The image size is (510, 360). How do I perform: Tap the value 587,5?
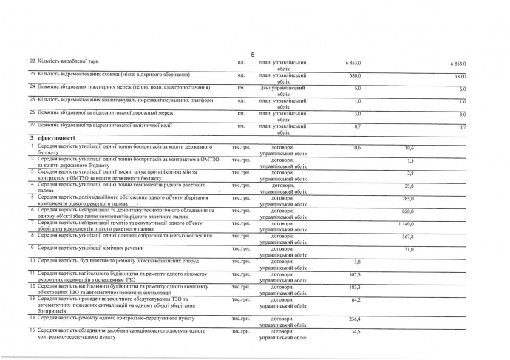pyautogui.click(x=354, y=274)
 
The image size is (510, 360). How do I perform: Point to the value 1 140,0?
pyautogui.click(x=404, y=223)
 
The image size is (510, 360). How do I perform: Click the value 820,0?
pyautogui.click(x=407, y=211)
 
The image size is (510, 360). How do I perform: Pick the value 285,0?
pyautogui.click(x=407, y=198)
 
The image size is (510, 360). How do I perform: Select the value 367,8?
pyautogui.click(x=407, y=236)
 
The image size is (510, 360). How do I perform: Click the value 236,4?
pyautogui.click(x=354, y=319)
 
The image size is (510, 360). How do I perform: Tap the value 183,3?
pyautogui.click(x=354, y=287)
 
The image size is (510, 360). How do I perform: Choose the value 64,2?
pyautogui.click(x=355, y=299)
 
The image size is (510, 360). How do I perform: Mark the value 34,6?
pyautogui.click(x=356, y=331)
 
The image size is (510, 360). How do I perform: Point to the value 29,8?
pyautogui.click(x=408, y=186)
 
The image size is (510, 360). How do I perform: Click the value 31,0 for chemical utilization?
pyautogui.click(x=408, y=248)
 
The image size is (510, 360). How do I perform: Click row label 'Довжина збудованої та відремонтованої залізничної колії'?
pyautogui.click(x=106, y=126)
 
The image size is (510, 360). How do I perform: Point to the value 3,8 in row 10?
pyautogui.click(x=357, y=262)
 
